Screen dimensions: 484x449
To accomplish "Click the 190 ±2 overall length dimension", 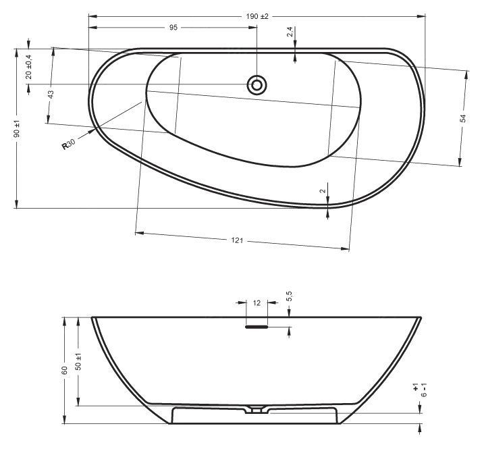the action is pyautogui.click(x=257, y=16).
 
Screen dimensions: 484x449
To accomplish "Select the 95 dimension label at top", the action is pyautogui.click(x=173, y=28).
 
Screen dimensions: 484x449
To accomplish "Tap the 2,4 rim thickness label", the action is pyautogui.click(x=290, y=32).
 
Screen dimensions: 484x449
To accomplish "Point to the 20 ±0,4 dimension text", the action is pyautogui.click(x=29, y=67).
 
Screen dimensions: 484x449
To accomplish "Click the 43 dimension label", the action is pyautogui.click(x=51, y=94).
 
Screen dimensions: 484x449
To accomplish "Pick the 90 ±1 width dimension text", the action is pyautogui.click(x=17, y=128).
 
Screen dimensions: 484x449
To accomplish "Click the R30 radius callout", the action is pyautogui.click(x=69, y=144).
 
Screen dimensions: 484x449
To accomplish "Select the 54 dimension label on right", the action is pyautogui.click(x=463, y=118).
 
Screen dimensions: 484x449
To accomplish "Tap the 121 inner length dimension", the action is pyautogui.click(x=237, y=240).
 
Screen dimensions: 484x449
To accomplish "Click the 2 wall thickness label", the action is pyautogui.click(x=323, y=191).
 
